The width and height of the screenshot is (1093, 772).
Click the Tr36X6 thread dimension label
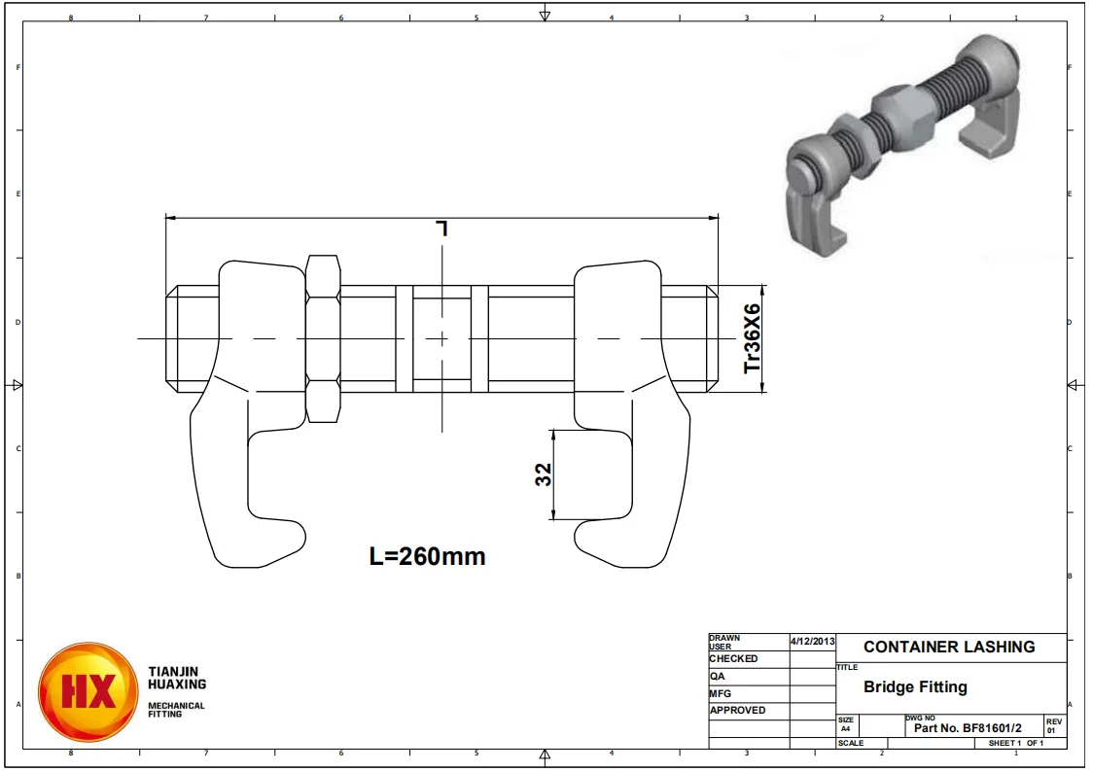752,339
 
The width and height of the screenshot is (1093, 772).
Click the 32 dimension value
544,474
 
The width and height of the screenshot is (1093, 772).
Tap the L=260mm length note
427,556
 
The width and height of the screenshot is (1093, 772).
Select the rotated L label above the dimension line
442,228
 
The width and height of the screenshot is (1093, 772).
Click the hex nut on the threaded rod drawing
322,338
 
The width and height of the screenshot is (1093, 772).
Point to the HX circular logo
88,691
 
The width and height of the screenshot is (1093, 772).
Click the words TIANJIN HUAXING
176,678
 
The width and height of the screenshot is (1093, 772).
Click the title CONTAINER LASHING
949,647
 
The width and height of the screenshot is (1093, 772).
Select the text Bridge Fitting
915,686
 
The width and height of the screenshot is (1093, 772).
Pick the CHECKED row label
733,658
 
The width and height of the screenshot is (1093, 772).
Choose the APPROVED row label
737,710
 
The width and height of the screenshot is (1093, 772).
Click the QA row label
717,676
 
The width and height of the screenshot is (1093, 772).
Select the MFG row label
720,693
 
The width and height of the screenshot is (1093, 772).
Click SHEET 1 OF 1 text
1015,743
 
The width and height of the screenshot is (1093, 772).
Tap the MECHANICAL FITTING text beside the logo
176,710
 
